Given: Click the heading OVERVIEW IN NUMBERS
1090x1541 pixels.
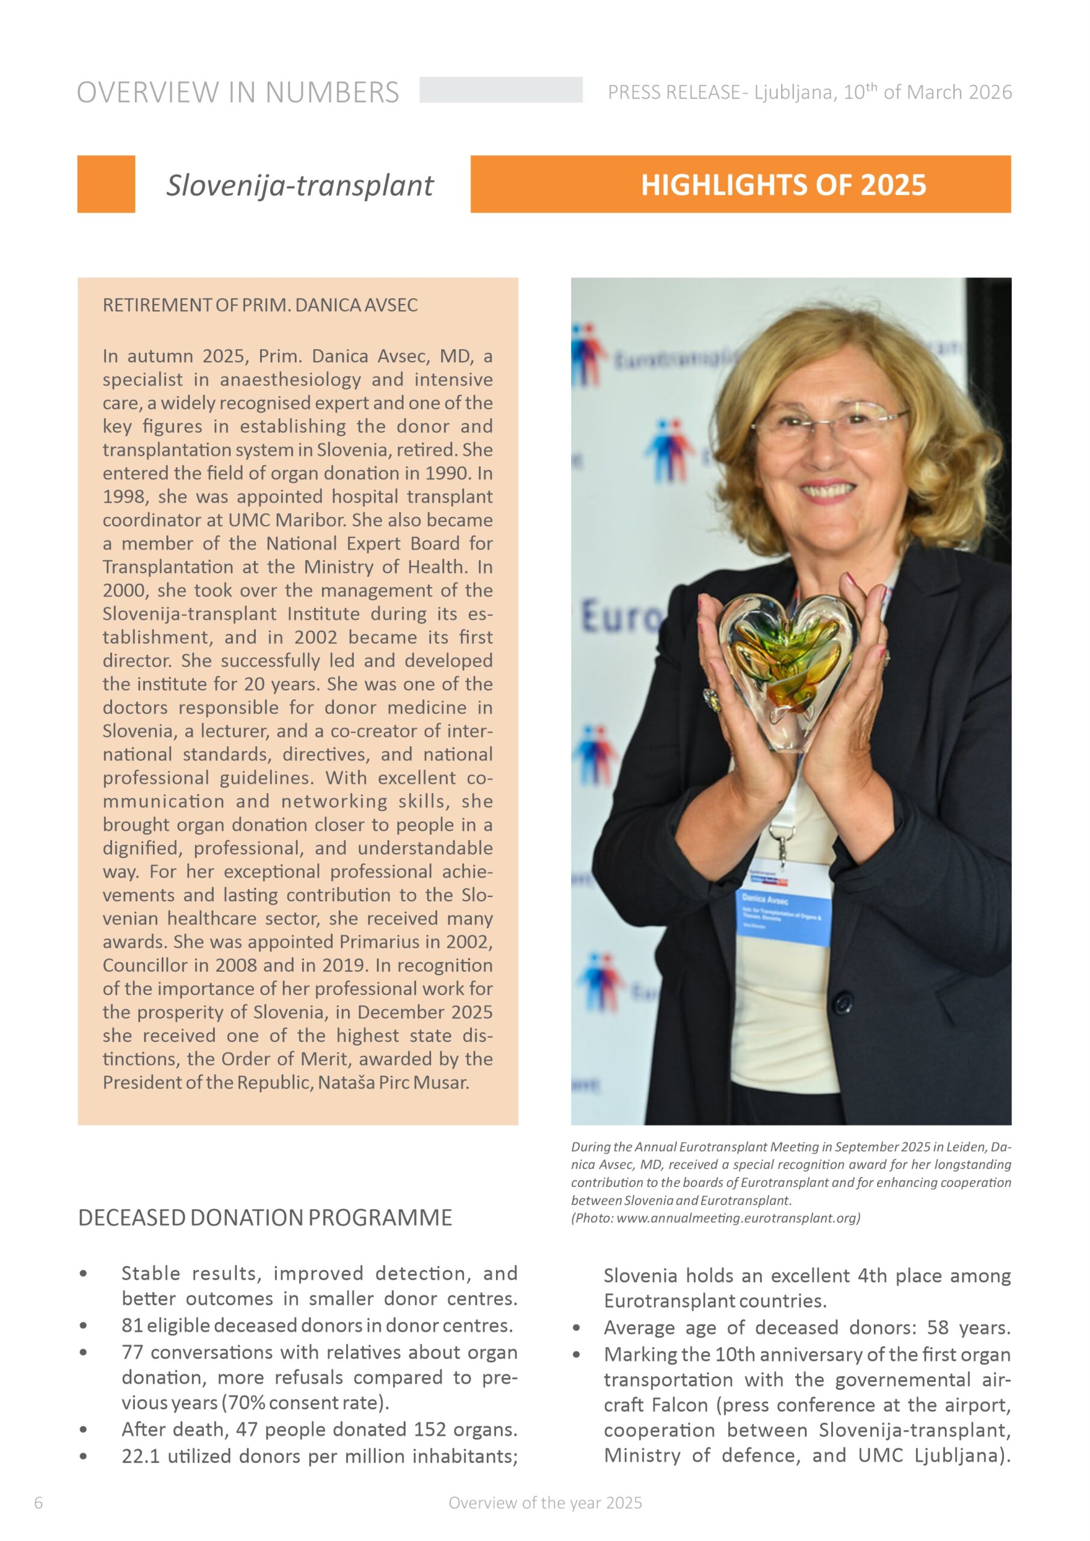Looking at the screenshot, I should [238, 93].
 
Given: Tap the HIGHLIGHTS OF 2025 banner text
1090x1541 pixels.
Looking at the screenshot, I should [782, 185].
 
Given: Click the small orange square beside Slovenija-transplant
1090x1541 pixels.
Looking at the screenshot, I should [106, 185].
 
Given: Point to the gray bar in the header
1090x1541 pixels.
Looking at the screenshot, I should [501, 90].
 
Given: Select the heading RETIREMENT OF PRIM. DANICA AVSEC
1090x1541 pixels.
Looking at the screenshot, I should [260, 305].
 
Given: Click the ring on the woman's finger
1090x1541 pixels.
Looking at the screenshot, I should [712, 699].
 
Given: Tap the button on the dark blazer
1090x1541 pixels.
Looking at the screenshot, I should [843, 1004].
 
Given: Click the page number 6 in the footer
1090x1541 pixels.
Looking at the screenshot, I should [39, 1502].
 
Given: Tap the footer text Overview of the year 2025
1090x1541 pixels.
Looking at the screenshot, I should [545, 1502].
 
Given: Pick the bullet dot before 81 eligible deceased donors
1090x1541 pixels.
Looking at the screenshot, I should [83, 1326].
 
